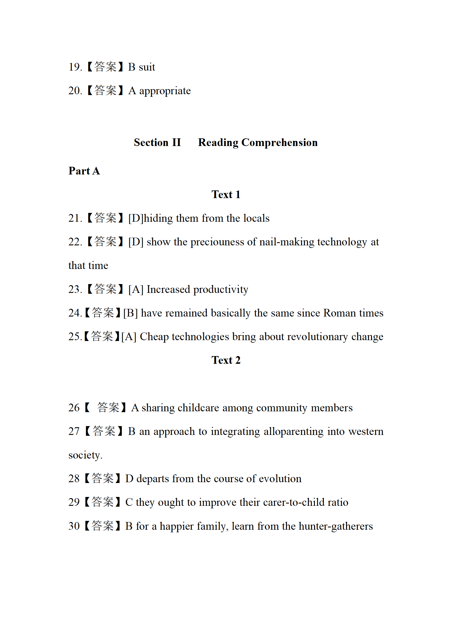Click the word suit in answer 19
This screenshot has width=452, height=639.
pyautogui.click(x=147, y=67)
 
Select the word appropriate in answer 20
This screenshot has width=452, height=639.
pyautogui.click(x=165, y=91)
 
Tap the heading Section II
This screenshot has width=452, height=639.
pyautogui.click(x=157, y=142)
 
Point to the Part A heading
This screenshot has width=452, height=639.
pyautogui.click(x=84, y=171)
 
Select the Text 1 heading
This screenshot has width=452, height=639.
pyautogui.click(x=226, y=194)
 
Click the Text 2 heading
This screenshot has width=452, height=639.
pyautogui.click(x=226, y=360)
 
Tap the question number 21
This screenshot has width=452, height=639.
pyautogui.click(x=75, y=218)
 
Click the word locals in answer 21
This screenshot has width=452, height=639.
pyautogui.click(x=256, y=218)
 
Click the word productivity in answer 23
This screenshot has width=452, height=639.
pyautogui.click(x=221, y=289)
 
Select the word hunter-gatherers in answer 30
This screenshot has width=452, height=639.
pyautogui.click(x=336, y=526)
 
